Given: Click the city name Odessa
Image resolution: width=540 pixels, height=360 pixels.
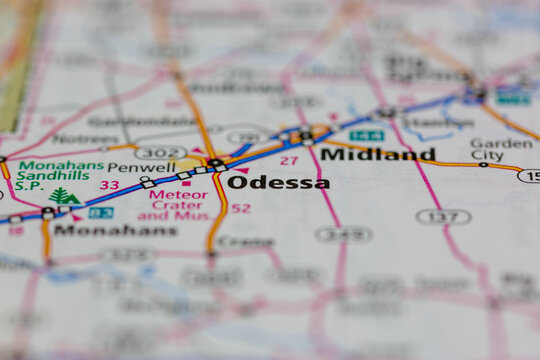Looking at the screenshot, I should [x=277, y=182].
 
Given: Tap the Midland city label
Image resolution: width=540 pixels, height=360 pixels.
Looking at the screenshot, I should [x=377, y=154].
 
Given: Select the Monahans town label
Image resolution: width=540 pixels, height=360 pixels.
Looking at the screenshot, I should [x=115, y=229].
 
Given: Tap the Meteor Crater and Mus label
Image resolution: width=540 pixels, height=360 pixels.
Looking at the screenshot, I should [x=172, y=205].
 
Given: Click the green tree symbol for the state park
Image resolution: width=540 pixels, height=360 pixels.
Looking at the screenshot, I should [x=62, y=197].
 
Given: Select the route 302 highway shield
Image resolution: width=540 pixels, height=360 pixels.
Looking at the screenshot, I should [x=161, y=152].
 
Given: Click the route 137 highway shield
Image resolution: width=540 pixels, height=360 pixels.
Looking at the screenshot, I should [x=443, y=216].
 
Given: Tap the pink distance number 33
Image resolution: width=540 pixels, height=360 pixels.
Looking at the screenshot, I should [x=109, y=185].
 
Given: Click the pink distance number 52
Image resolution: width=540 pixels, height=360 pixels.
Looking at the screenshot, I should [x=241, y=208].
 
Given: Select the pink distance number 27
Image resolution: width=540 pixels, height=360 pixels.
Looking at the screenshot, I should [x=289, y=160].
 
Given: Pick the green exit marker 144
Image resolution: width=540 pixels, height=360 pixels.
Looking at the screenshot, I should [x=366, y=135].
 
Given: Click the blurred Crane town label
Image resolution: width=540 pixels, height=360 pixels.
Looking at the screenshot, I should [x=245, y=241].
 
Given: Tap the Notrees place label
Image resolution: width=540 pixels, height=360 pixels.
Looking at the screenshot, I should [x=85, y=138].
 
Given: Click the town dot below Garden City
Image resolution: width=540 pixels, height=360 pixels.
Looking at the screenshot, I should [x=483, y=164].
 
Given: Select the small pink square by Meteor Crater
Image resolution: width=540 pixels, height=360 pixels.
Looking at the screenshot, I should [x=185, y=183].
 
